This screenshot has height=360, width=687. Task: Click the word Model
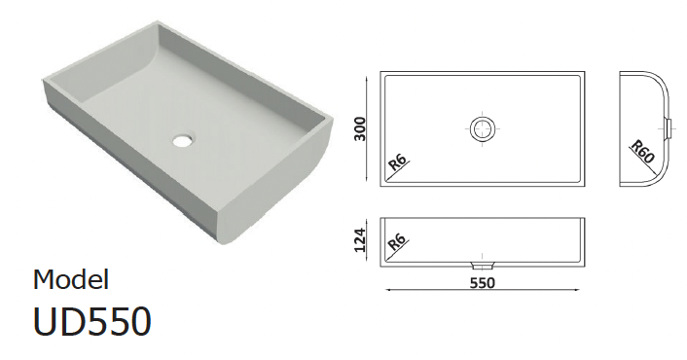pyautogui.click(x=71, y=279)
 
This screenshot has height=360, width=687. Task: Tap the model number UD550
pyautogui.click(x=92, y=321)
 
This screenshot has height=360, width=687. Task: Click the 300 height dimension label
pyautogui.click(x=360, y=128)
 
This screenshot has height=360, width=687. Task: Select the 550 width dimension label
pyautogui.click(x=483, y=283)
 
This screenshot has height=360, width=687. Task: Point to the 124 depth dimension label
pyautogui.click(x=360, y=240)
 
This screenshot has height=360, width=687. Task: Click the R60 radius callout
pyautogui.click(x=642, y=152)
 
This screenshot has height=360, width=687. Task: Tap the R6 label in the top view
pyautogui.click(x=397, y=162)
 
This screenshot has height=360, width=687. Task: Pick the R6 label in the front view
pyautogui.click(x=397, y=242)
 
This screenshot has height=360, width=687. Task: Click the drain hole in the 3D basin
pyautogui.click(x=182, y=140)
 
